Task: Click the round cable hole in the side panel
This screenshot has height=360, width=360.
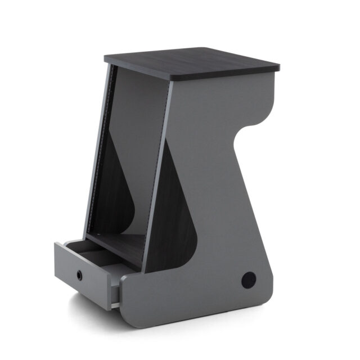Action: click(247, 278)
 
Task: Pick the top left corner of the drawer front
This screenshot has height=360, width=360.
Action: click(56, 244)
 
